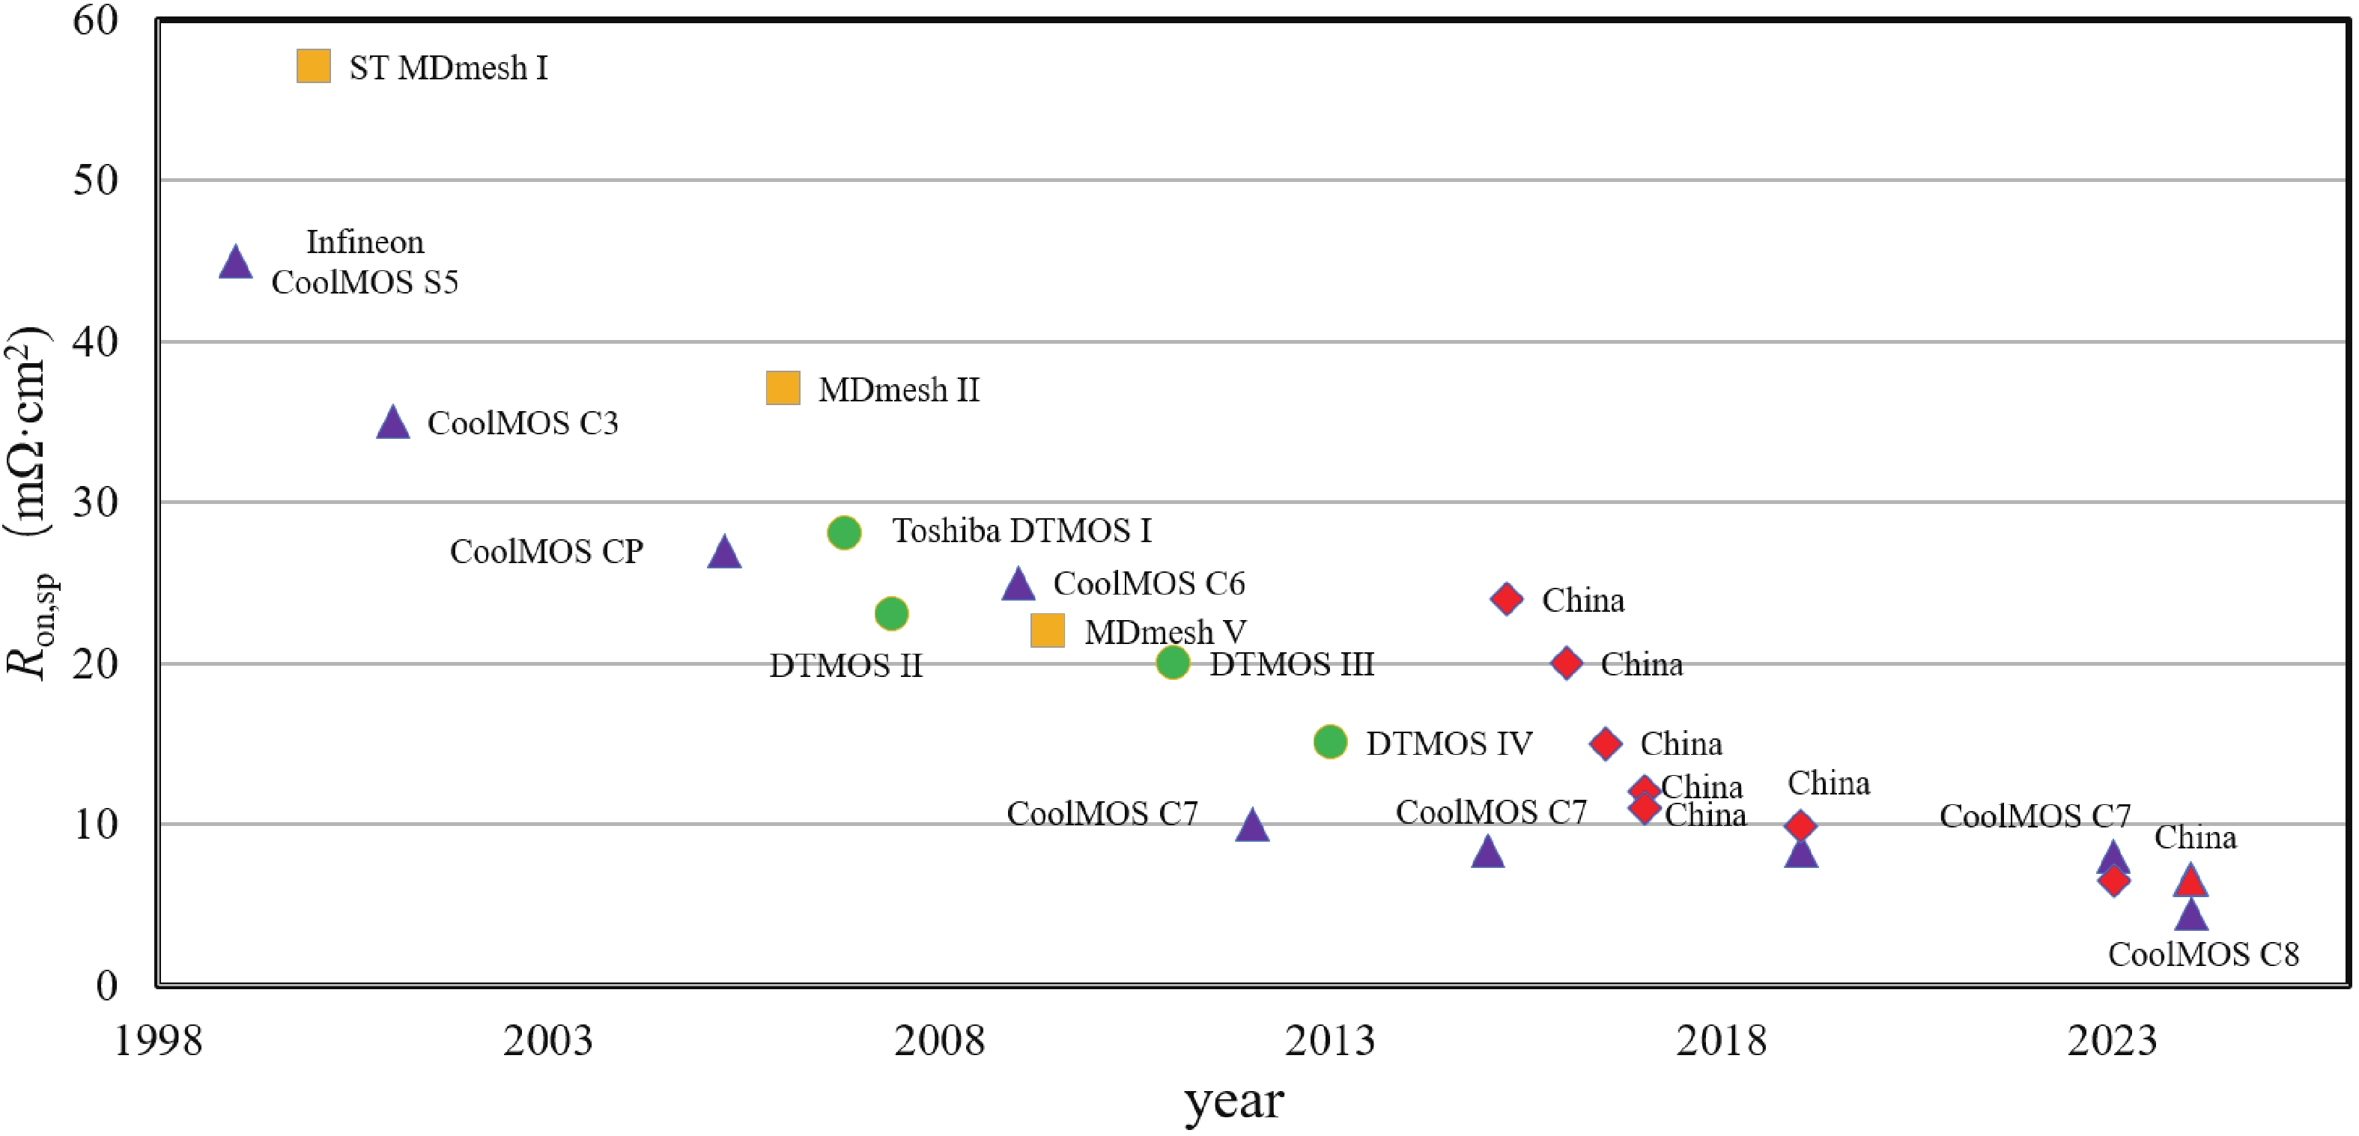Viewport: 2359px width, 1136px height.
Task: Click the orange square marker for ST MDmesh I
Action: pyautogui.click(x=313, y=66)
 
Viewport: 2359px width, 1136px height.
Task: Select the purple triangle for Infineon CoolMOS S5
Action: pyautogui.click(x=235, y=264)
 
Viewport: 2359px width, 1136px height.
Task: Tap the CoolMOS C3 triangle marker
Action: pyautogui.click(x=393, y=424)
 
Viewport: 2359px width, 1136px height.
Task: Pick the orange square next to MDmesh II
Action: pyautogui.click(x=783, y=388)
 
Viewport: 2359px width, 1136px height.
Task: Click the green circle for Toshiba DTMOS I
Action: pyautogui.click(x=844, y=532)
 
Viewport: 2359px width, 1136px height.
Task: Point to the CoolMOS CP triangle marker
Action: pyautogui.click(x=724, y=553)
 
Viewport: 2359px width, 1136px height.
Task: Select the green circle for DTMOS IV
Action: pyautogui.click(x=1331, y=741)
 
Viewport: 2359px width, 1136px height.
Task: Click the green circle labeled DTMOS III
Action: pyautogui.click(x=1173, y=662)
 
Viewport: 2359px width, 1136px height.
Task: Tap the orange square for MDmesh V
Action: pyautogui.click(x=1048, y=630)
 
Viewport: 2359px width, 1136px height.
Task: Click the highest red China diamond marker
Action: pyautogui.click(x=1507, y=598)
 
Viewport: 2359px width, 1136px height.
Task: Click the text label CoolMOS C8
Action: pyautogui.click(x=2203, y=955)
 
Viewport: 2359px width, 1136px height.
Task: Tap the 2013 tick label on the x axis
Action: pyautogui.click(x=1330, y=1041)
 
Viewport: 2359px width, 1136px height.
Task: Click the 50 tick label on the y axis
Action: pyautogui.click(x=96, y=180)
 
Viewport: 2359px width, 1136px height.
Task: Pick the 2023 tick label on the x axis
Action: pyautogui.click(x=2112, y=1041)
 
